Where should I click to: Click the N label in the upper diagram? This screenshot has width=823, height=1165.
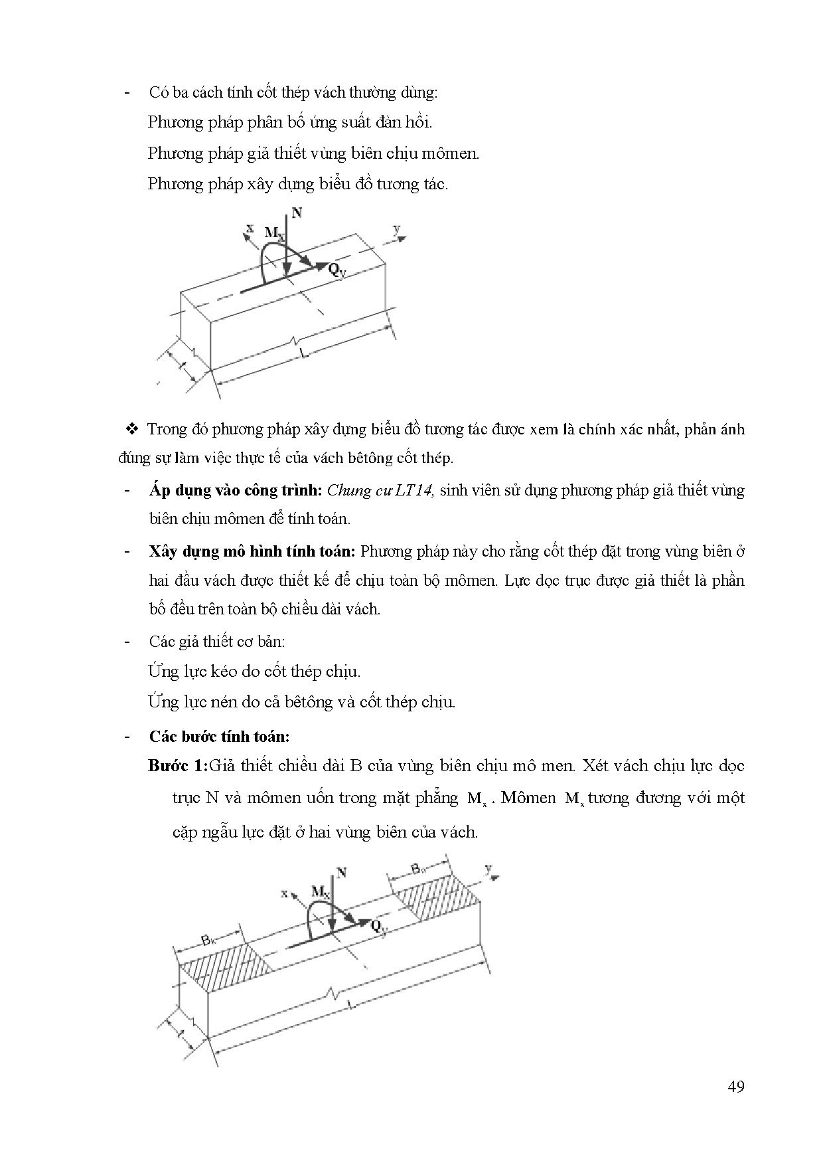[x=297, y=213]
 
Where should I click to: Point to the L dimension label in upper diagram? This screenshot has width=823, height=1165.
[x=305, y=353]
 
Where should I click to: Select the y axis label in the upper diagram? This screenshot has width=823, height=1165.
[x=396, y=229]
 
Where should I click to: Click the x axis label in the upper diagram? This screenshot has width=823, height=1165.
[x=250, y=228]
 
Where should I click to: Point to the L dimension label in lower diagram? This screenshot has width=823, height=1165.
[x=352, y=1006]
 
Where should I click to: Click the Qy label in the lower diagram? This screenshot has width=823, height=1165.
[x=379, y=927]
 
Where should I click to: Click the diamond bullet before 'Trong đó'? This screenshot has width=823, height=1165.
[x=131, y=428]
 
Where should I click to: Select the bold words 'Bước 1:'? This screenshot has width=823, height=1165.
[x=178, y=766]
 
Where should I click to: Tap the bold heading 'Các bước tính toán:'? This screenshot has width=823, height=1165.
[x=219, y=736]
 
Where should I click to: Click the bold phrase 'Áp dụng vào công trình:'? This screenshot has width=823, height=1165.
[x=236, y=490]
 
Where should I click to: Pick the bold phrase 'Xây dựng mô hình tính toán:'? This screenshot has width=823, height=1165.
[x=253, y=551]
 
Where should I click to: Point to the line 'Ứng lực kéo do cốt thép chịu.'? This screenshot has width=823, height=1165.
[x=254, y=672]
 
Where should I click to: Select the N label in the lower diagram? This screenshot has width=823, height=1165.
[x=341, y=872]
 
